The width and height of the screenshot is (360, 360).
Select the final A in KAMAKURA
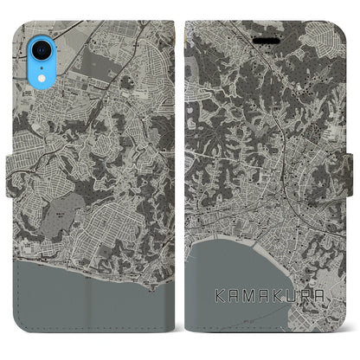[328, 293]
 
